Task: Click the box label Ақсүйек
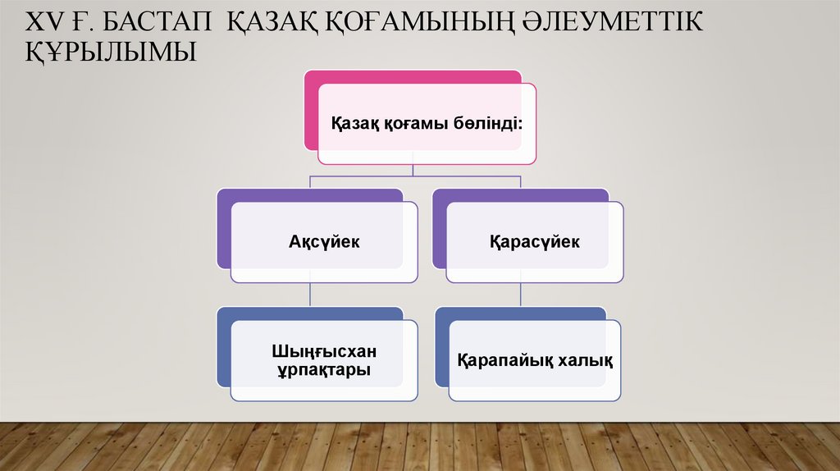pos(324,242)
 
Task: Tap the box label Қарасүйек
pos(534,242)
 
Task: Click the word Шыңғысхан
pos(324,351)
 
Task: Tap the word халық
pos(584,360)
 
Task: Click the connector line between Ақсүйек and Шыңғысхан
pos(309,295)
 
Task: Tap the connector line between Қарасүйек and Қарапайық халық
pos(521,295)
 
